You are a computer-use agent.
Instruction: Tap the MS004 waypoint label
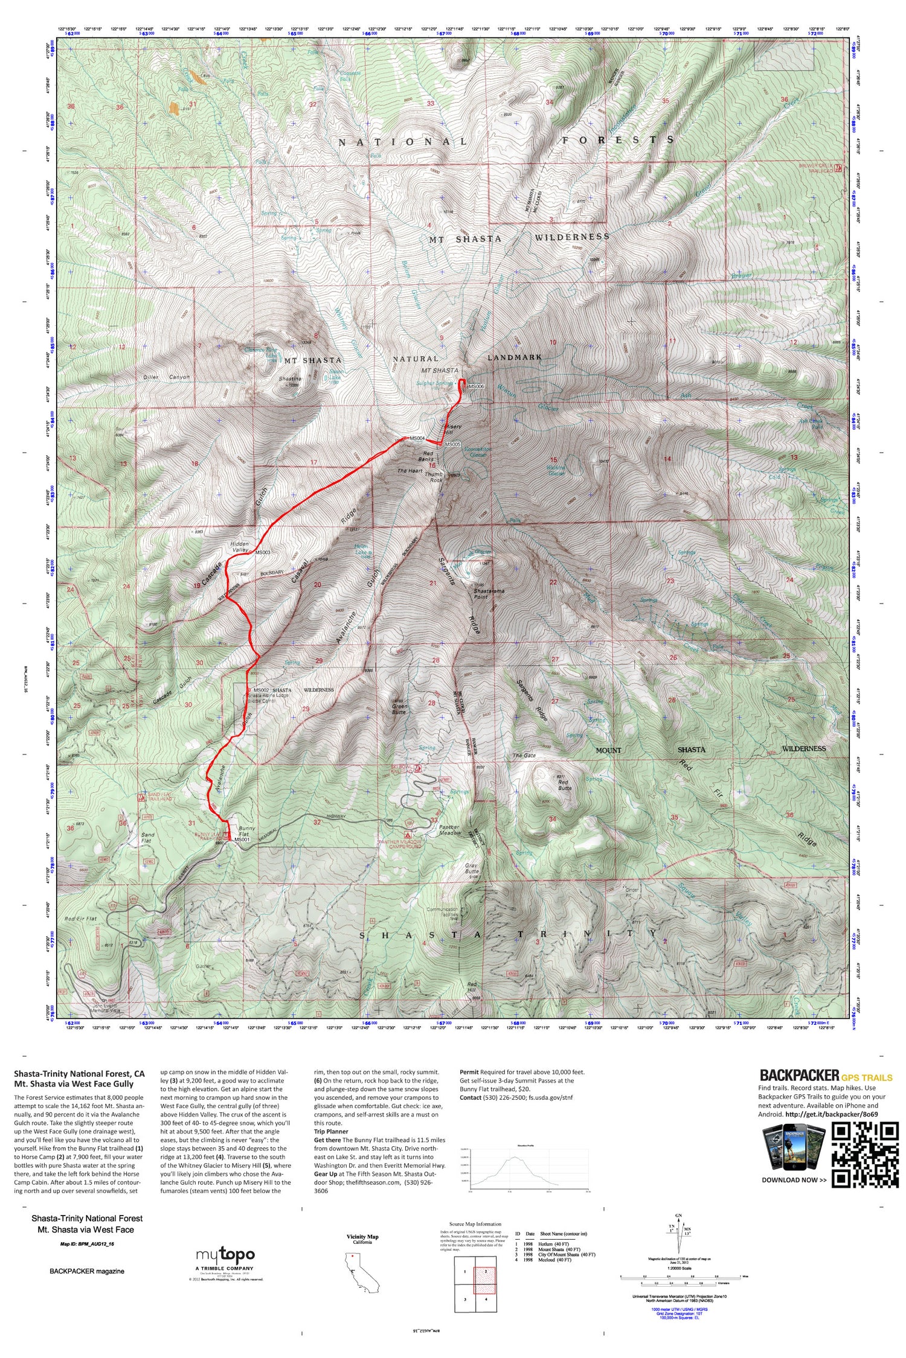tap(417, 438)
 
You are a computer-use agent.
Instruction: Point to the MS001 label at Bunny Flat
tap(242, 840)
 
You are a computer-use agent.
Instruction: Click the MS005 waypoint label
tap(453, 444)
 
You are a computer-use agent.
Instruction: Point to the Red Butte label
tap(564, 785)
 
